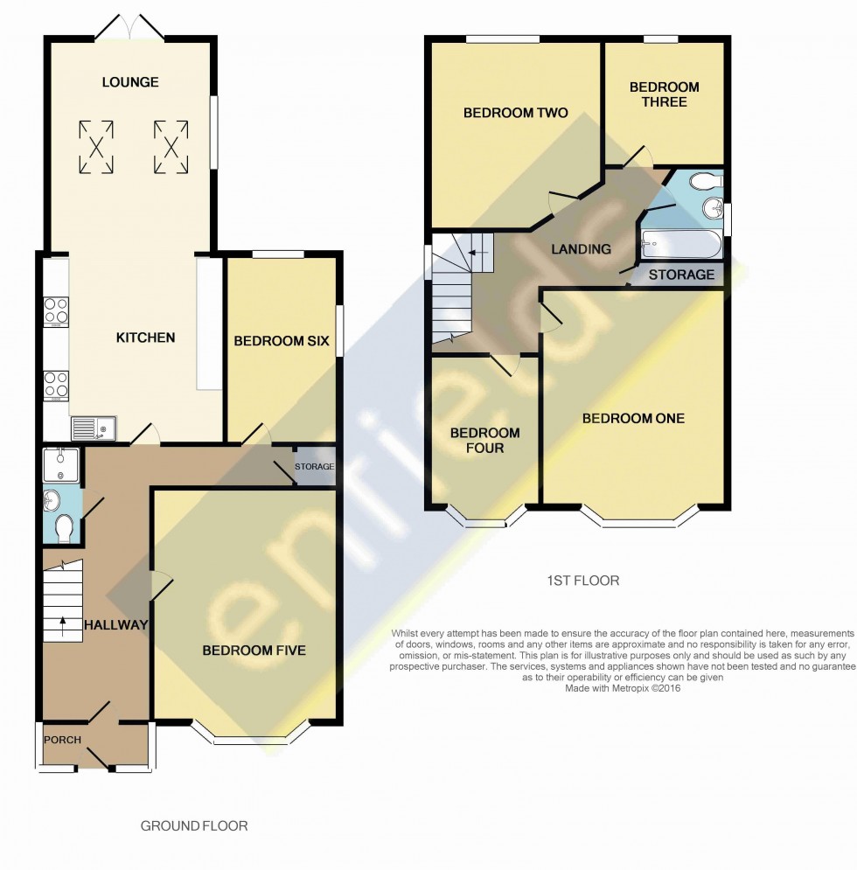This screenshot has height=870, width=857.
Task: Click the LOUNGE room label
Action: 130,82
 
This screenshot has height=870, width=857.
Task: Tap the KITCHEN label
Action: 146,338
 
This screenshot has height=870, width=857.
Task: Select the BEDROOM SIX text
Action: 281,340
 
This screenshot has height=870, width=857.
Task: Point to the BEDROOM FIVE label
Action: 254,651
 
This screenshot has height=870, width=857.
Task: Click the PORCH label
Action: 63,740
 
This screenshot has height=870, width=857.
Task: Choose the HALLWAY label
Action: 115,625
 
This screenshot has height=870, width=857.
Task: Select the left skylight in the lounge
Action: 96,145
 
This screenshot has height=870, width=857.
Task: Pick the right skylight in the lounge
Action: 171,145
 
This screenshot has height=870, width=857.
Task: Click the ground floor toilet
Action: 63,528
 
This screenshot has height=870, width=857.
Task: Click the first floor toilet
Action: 705,182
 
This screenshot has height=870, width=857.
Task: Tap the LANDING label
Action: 581,249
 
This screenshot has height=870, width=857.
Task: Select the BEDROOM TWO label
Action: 515,113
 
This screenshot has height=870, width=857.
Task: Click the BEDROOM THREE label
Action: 664,94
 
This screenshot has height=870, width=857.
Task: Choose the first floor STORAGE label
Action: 681,275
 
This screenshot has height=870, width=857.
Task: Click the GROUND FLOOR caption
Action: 194,825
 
